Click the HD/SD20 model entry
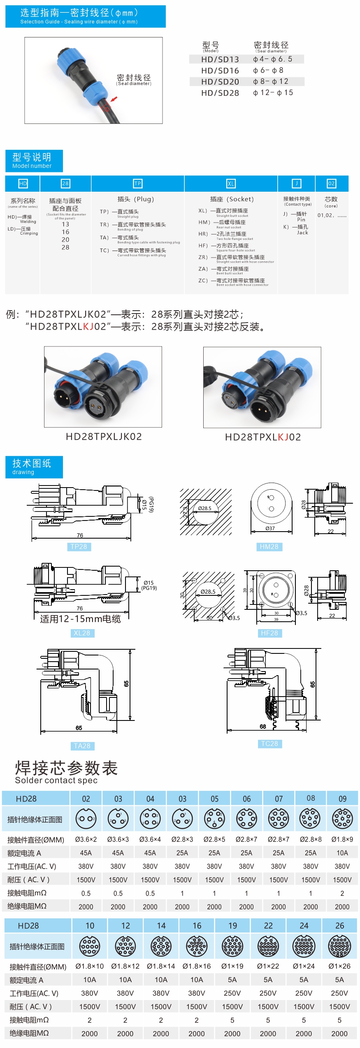220,81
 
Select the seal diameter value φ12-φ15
273,93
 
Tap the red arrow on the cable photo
114,99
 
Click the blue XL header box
231,184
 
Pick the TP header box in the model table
137,184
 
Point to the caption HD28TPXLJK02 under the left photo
104,437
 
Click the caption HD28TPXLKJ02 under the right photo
263,437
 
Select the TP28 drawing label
79,546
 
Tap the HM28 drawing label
269,546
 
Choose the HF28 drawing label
269,633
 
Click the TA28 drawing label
82,746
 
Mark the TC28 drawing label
269,744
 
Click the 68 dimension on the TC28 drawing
263,726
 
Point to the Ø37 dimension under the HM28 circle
270,528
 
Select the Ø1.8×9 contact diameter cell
342,839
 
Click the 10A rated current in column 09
342,853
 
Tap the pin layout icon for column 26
339,946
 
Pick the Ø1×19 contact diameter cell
232,966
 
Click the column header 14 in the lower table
161,925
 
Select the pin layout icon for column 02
86,819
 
